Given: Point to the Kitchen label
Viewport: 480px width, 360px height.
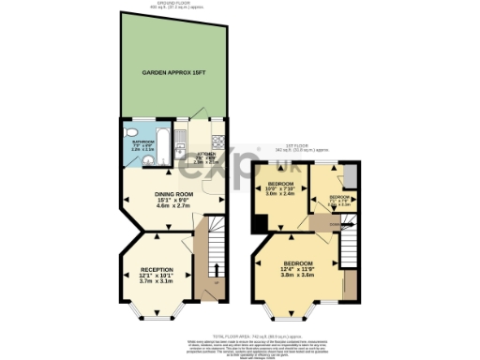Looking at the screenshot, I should [204, 156].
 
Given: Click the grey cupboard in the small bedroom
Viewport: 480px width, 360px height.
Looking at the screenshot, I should [349, 177].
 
